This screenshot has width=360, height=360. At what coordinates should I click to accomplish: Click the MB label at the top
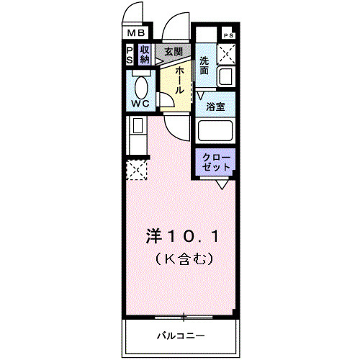[136, 33]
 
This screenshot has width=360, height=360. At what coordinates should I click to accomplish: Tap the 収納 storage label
[145, 55]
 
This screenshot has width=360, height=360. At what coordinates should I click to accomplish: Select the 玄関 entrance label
[173, 52]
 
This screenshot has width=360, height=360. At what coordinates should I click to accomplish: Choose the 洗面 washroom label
[204, 66]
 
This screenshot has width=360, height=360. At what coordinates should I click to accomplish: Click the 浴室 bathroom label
[215, 107]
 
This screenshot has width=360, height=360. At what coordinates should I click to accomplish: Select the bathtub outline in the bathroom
[217, 132]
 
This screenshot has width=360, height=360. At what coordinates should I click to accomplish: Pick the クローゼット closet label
[216, 162]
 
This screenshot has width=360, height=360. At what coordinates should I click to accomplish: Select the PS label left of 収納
[130, 55]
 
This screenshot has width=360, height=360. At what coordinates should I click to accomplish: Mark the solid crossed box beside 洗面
[228, 53]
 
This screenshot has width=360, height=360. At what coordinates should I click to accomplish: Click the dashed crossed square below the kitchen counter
[136, 170]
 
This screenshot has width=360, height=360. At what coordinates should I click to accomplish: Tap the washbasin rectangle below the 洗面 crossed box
[228, 76]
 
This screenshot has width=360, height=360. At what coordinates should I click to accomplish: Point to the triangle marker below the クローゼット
[222, 184]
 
